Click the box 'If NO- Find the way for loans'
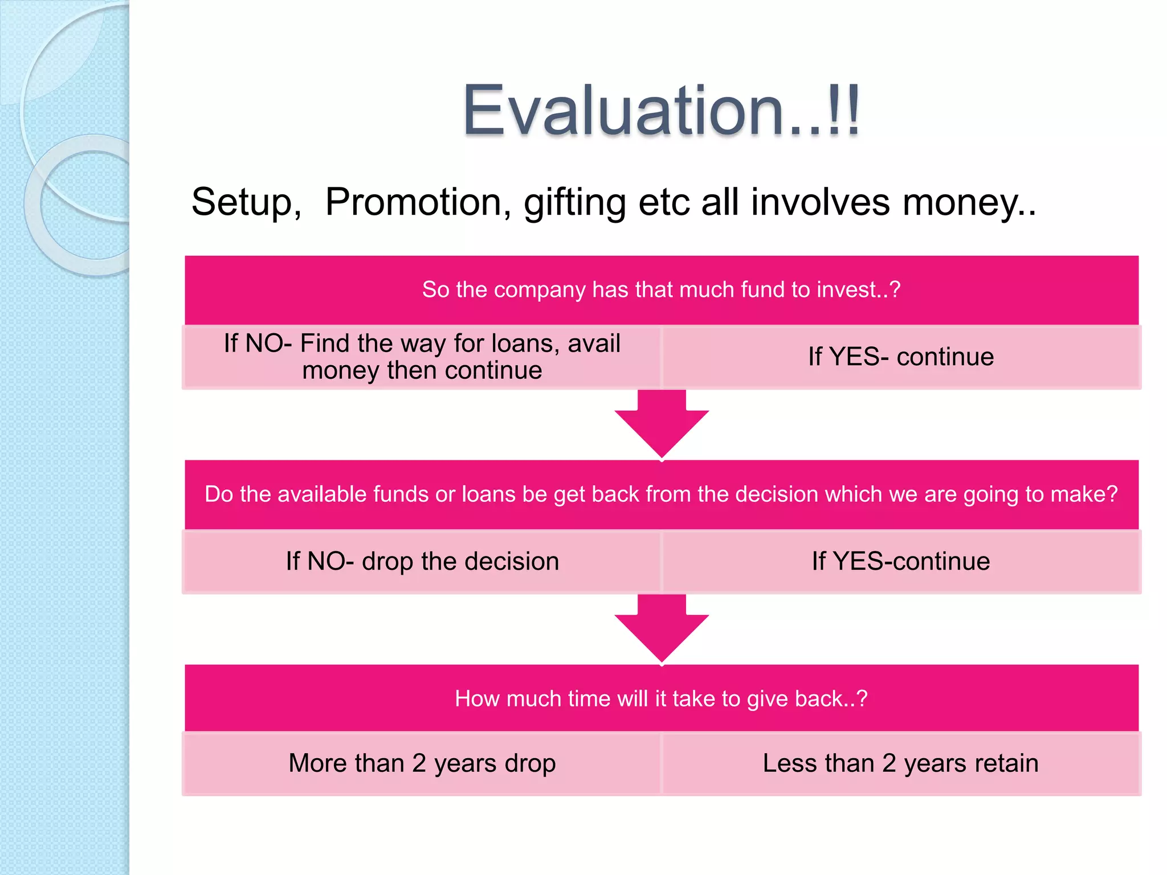[x=422, y=357]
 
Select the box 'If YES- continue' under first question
[x=901, y=357]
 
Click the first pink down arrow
[x=662, y=424]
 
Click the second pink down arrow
[x=662, y=629]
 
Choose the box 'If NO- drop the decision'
[x=422, y=562]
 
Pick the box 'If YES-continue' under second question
[x=901, y=562]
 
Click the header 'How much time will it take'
[x=661, y=699]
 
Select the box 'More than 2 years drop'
[x=422, y=763]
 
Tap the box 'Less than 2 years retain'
[x=901, y=763]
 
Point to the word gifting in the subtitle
[x=575, y=203]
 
